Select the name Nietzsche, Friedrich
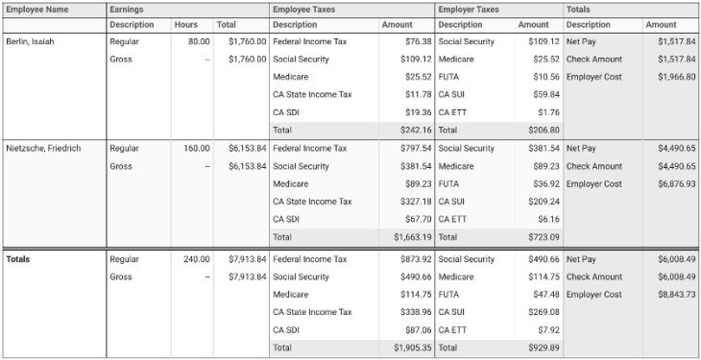pos(43,149)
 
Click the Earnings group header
pos(126,9)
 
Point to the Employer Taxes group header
pos(469,9)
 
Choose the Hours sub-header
pos(185,25)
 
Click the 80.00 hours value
pos(199,42)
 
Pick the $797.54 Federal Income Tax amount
pos(413,149)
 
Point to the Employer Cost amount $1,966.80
pos(676,77)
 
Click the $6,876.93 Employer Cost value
pos(676,183)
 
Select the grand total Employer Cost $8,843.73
pos(676,295)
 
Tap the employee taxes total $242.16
pos(413,130)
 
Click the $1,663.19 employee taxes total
pos(411,236)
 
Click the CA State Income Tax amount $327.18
pos(413,202)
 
